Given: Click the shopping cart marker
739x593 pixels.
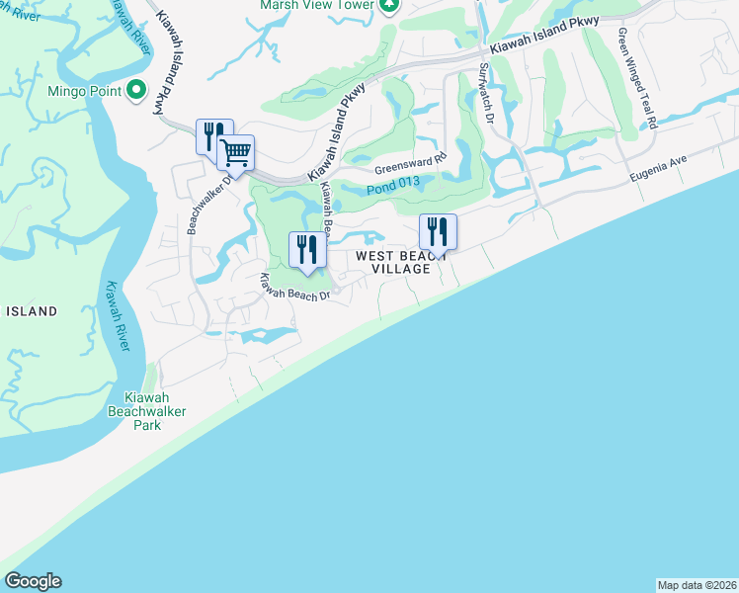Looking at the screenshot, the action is (x=236, y=154).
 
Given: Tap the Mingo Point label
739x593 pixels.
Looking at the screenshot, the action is (x=84, y=92).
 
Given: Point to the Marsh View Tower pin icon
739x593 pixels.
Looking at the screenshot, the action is (x=390, y=5).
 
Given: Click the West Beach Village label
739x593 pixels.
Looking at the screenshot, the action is (x=393, y=262).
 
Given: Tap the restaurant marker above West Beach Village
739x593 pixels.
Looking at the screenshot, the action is (x=438, y=233).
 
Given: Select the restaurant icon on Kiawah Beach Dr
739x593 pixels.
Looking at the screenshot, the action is (x=307, y=249).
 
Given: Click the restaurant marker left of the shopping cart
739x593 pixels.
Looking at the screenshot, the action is (x=213, y=136).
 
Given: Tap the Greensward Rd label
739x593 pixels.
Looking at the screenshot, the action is (x=410, y=160).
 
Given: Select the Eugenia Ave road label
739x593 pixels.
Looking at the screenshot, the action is (x=659, y=171).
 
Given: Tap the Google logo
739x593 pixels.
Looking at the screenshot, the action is (x=33, y=581).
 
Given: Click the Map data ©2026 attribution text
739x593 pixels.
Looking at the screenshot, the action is (x=697, y=585).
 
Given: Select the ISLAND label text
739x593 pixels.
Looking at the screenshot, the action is (x=32, y=311).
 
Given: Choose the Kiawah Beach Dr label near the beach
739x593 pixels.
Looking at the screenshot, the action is (x=293, y=288).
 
